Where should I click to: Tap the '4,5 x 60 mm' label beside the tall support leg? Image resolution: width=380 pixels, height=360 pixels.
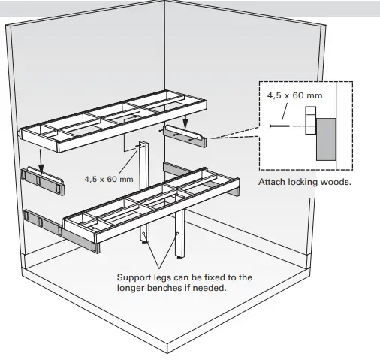[109, 179]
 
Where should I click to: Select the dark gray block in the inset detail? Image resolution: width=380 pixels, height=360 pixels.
[325, 138]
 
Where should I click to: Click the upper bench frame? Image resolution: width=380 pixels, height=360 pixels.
[113, 120]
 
